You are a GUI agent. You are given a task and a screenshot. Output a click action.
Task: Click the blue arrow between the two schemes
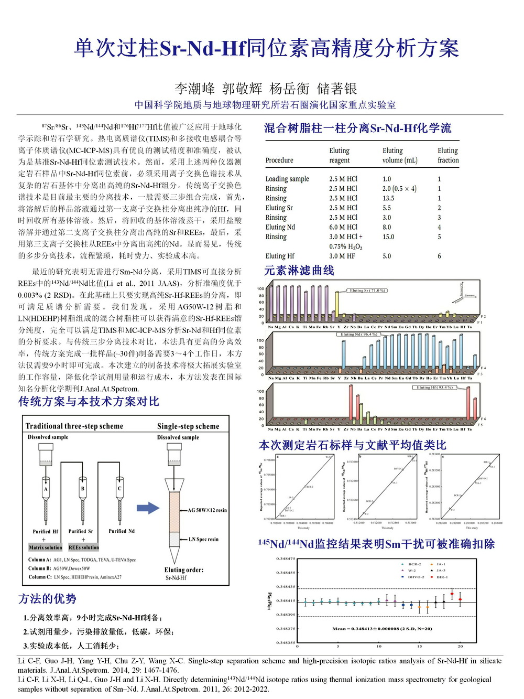click(x=148, y=508)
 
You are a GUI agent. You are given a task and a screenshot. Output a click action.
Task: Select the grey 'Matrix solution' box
click(x=45, y=547)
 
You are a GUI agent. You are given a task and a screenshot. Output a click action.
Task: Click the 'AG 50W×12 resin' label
click(x=208, y=510)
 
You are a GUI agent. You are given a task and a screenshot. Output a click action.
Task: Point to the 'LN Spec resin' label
click(x=204, y=539)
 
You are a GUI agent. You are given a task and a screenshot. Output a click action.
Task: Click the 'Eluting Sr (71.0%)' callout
click(x=368, y=291)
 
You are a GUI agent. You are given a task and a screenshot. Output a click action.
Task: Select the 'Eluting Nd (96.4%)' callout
click(x=359, y=334)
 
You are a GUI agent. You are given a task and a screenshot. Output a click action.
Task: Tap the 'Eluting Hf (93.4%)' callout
click(x=434, y=388)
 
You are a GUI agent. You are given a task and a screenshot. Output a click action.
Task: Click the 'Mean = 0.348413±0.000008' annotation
click(x=382, y=629)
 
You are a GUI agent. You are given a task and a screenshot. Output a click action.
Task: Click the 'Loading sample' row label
click(x=287, y=179)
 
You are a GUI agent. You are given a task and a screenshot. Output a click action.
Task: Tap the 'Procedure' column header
click(x=279, y=160)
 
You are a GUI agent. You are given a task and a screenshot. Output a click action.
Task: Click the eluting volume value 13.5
click(x=388, y=198)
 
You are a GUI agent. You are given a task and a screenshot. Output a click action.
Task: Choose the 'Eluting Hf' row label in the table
click(x=280, y=256)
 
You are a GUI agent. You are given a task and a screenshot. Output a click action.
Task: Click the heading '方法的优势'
click(x=47, y=599)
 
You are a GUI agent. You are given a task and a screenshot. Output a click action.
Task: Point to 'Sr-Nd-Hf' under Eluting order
click(x=176, y=578)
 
